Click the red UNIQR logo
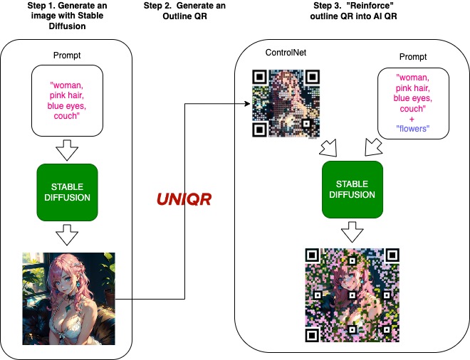184,199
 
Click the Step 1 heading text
67,16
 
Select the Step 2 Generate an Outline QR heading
184,11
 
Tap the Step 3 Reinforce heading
353,11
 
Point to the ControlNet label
286,53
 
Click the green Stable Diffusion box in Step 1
67,192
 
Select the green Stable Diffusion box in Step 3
352,189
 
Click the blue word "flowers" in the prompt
413,129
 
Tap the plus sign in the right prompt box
412,120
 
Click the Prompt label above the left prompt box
67,55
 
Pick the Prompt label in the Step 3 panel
413,57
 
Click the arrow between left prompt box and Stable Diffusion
67,149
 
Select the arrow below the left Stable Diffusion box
67,235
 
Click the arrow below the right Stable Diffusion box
352,232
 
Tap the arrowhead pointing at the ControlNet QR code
248,104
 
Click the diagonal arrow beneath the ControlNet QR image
329,148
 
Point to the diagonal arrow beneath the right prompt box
373,147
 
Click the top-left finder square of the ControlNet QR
260,77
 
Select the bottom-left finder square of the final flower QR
312,335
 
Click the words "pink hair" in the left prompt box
66,95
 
